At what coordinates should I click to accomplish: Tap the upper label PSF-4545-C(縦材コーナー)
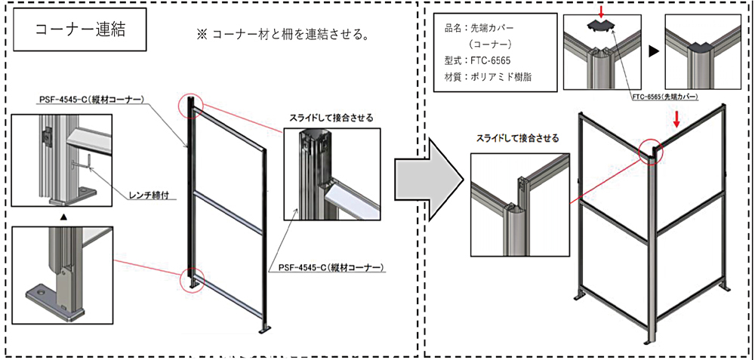91,99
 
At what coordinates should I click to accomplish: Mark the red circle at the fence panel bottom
192,280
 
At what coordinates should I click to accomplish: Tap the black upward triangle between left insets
63,216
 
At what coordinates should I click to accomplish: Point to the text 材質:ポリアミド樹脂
490,78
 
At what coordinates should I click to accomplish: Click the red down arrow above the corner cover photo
600,10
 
